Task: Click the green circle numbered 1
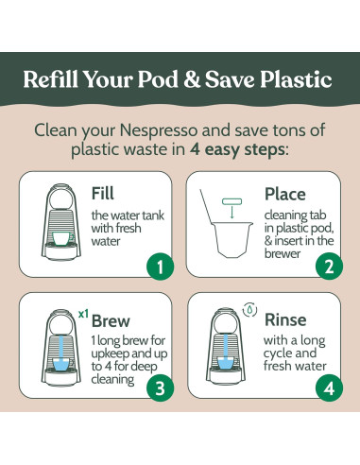coord(161,267)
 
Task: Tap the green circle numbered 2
coord(329,267)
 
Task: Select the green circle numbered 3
coord(161,388)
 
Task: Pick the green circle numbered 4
coord(329,388)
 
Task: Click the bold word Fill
coord(102,193)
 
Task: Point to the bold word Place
coord(285,194)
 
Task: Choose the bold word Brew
coord(111,321)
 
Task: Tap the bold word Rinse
coord(285,320)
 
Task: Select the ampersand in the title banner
coord(192,79)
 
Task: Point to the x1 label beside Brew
coord(83,314)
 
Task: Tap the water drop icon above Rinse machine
coord(249,310)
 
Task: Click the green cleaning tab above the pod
coord(232,201)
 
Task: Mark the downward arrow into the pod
coord(232,212)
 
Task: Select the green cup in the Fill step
coord(63,238)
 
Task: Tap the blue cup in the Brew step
coord(62,364)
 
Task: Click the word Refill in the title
coord(50,78)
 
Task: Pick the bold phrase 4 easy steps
coord(238,149)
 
